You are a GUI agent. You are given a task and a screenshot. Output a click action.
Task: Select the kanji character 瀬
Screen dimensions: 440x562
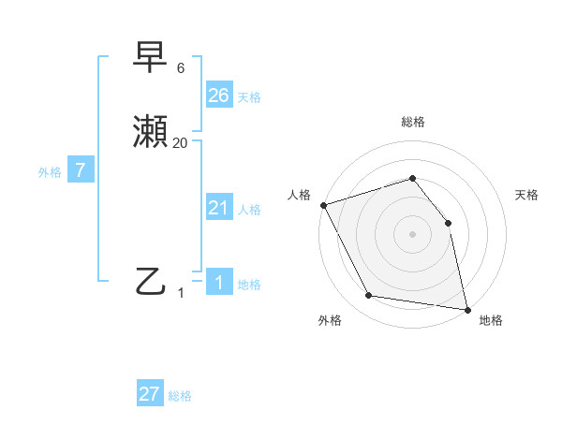(x=152, y=133)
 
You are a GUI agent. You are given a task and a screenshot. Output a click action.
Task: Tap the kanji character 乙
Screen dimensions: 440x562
(x=152, y=281)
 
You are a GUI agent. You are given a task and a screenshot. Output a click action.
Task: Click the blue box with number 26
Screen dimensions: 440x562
(x=219, y=95)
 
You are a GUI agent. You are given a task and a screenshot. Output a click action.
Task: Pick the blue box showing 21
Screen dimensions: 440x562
(x=219, y=208)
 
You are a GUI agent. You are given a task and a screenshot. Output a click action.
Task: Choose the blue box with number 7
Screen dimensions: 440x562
(x=81, y=170)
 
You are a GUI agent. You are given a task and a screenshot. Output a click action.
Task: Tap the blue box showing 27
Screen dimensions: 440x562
(x=150, y=393)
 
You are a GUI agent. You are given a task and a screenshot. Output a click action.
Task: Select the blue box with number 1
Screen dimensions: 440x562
(x=219, y=283)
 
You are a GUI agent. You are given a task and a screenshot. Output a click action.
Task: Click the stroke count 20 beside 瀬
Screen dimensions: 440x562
(x=181, y=142)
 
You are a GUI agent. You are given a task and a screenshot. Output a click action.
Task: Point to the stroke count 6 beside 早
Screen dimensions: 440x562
(x=181, y=68)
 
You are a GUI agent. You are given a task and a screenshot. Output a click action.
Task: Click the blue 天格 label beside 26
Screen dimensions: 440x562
(x=249, y=96)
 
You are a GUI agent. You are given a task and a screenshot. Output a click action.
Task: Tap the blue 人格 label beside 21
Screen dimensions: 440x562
(x=249, y=210)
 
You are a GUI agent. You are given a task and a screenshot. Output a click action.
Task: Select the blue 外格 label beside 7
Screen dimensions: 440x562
(x=50, y=171)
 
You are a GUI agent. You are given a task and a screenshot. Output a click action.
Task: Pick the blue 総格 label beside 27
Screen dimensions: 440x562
(x=180, y=395)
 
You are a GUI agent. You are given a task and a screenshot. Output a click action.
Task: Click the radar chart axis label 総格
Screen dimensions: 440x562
(x=412, y=122)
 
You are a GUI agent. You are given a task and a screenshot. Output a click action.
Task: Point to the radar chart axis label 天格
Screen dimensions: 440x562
(x=526, y=195)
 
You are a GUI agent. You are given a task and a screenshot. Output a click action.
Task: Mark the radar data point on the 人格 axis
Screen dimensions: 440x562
(x=323, y=205)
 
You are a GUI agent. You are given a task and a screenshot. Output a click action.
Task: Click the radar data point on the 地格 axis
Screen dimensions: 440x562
(x=466, y=308)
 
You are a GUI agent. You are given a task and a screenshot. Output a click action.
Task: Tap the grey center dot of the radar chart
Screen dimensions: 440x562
(x=412, y=234)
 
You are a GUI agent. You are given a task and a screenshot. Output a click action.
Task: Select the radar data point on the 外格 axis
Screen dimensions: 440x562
(x=368, y=296)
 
